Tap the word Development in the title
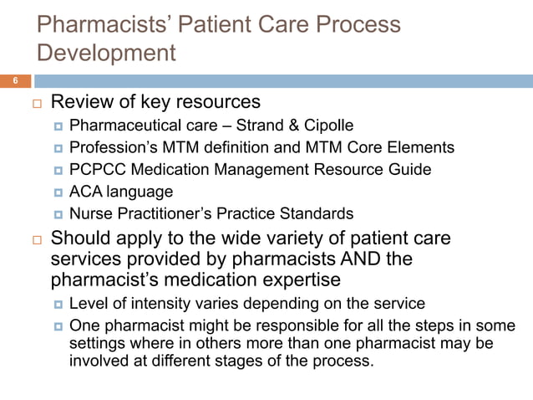tap(108, 54)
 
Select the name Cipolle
tap(326, 126)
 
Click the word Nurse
tap(91, 213)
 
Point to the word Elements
tap(424, 148)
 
